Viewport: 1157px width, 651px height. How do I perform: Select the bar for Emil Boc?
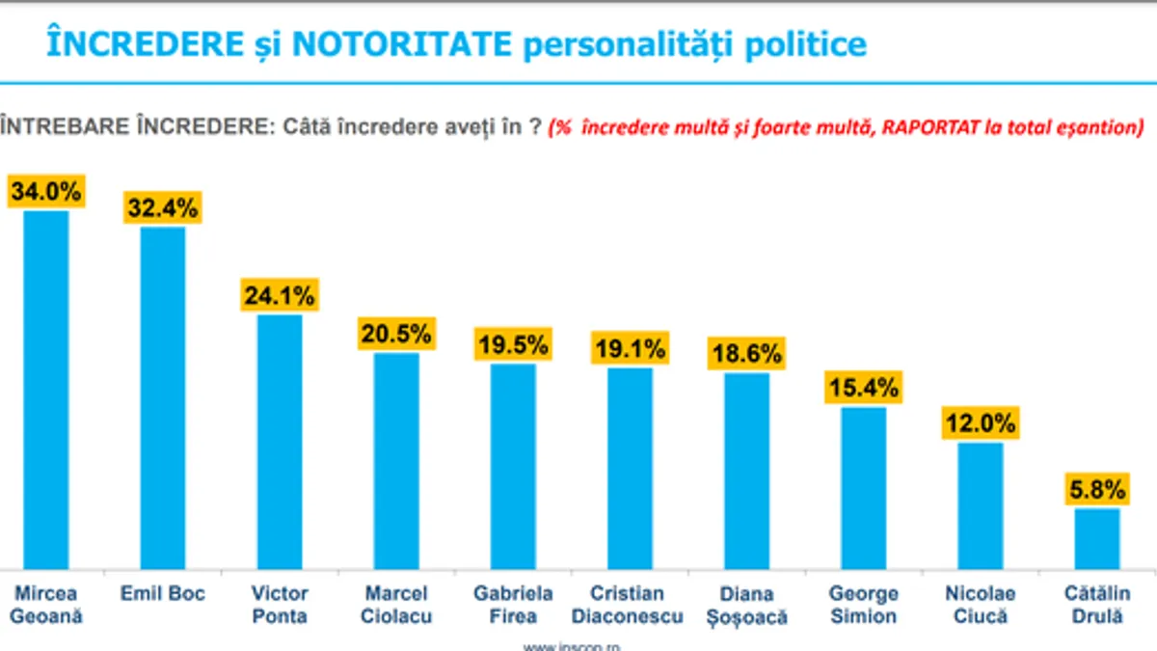click(163, 397)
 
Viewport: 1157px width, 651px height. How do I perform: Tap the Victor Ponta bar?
click(280, 441)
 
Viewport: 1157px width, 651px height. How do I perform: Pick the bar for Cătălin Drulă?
click(1097, 538)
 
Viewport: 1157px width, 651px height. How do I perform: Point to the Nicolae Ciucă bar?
click(981, 505)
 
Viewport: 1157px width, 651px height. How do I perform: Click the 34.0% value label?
click(46, 191)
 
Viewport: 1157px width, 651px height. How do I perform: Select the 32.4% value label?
click(163, 207)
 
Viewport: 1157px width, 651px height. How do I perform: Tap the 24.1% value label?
click(279, 295)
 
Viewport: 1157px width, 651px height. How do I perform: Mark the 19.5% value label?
click(513, 344)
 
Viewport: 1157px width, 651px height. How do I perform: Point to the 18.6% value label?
click(746, 353)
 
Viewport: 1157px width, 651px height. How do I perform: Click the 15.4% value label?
click(863, 388)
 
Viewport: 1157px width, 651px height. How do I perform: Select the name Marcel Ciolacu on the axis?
click(396, 605)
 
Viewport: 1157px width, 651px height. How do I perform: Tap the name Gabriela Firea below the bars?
click(513, 605)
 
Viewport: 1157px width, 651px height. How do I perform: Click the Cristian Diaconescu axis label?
click(630, 605)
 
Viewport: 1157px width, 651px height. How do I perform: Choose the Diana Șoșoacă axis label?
click(746, 605)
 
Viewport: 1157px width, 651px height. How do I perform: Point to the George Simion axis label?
click(863, 605)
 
